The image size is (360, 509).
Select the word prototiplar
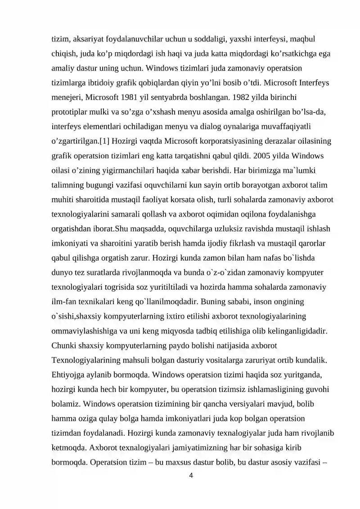coord(68,111)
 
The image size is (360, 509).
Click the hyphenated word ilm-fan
coord(64,302)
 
